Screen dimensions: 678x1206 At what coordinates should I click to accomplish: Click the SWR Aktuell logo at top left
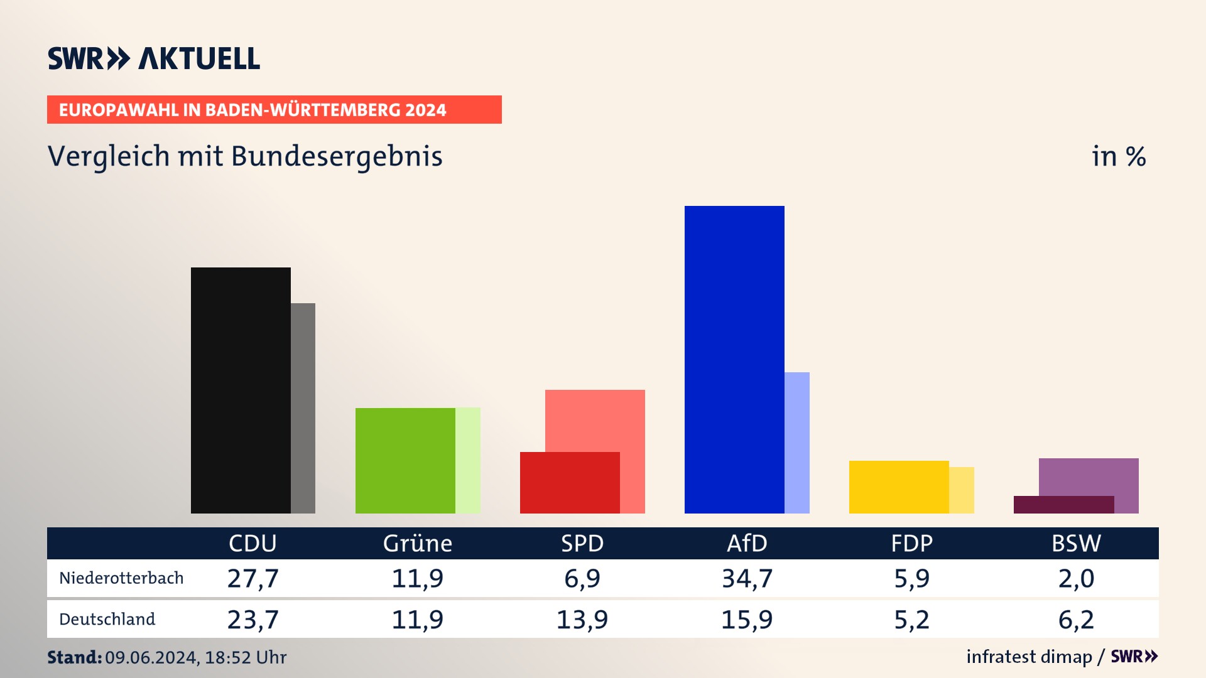coord(154,58)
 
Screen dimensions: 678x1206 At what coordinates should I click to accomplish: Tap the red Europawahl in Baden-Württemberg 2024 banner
coord(274,110)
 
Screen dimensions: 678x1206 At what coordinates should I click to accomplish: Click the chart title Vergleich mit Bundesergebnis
coord(245,156)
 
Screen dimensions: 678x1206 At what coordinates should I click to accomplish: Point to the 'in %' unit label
coord(1119,157)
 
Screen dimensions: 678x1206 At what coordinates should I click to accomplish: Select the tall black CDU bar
coord(241,390)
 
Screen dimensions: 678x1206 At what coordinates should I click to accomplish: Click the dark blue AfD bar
coord(734,359)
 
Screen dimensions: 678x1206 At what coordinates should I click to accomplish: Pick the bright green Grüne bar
coord(405,460)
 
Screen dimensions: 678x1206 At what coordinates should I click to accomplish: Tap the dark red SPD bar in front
coord(570,482)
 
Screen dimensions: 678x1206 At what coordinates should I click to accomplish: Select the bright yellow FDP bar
coord(899,487)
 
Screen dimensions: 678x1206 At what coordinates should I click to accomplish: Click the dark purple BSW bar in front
coord(1063,504)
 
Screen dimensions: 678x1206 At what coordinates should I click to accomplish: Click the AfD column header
coord(747,543)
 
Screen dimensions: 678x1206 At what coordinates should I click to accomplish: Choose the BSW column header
coord(1076,543)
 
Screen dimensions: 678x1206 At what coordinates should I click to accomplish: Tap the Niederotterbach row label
coord(121,578)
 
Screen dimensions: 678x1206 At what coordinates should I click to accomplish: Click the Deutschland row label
coord(107,619)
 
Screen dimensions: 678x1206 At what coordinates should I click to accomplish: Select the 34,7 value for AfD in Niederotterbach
coord(747,578)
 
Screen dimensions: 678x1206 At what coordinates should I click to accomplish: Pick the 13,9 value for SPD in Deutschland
coord(582,620)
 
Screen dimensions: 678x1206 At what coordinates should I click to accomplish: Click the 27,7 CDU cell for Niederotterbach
coord(253,578)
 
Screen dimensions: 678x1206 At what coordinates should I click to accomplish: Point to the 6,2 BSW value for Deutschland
coord(1076,620)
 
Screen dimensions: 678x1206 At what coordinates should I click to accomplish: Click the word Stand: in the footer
coord(74,657)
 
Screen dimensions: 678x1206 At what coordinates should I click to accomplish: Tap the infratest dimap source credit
coord(1029,657)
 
